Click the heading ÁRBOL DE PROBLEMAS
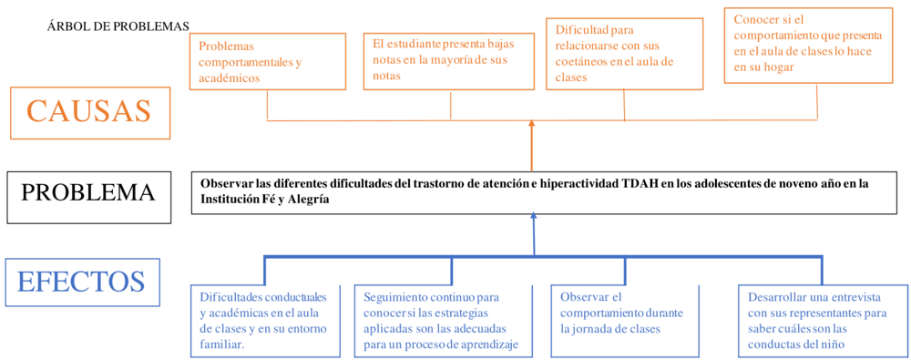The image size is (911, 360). coord(118,26)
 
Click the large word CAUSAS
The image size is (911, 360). coord(89,111)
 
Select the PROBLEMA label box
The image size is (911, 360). coord(88,193)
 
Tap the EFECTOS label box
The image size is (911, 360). coord(81,281)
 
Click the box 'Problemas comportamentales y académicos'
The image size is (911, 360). coord(267,61)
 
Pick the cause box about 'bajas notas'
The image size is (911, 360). coord(448,60)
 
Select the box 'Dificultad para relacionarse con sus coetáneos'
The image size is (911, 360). coord(624,55)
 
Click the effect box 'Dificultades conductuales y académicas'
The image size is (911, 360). coord(265,321)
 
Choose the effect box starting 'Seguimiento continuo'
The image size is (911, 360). coord(448,321)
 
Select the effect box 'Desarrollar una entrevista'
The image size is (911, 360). coord(822,321)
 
